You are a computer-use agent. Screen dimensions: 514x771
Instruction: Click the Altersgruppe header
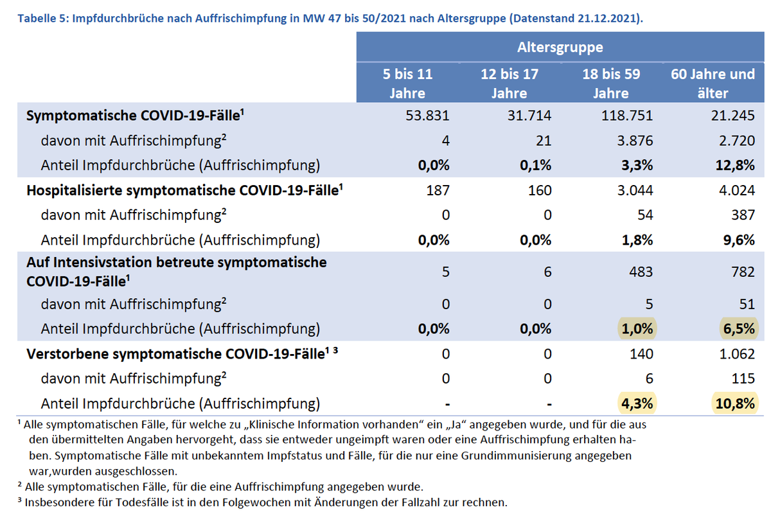click(x=560, y=47)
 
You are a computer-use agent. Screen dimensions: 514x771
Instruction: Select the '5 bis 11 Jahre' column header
click(x=407, y=83)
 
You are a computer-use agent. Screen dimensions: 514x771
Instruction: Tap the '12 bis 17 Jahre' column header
click(x=509, y=83)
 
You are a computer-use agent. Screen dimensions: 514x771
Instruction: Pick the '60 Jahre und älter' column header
click(x=712, y=83)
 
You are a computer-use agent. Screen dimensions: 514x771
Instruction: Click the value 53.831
click(x=427, y=116)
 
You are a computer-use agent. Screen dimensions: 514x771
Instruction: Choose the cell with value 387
click(x=743, y=215)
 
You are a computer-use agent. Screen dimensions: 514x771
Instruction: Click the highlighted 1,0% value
click(x=636, y=328)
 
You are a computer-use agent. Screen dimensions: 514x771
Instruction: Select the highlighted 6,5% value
click(x=737, y=328)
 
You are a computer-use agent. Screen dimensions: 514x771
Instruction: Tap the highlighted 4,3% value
click(x=636, y=403)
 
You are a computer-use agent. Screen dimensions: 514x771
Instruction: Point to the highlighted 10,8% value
click(x=733, y=403)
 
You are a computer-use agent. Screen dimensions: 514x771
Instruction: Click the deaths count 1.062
click(x=737, y=353)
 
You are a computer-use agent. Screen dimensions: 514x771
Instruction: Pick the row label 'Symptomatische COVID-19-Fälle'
click(x=134, y=116)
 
